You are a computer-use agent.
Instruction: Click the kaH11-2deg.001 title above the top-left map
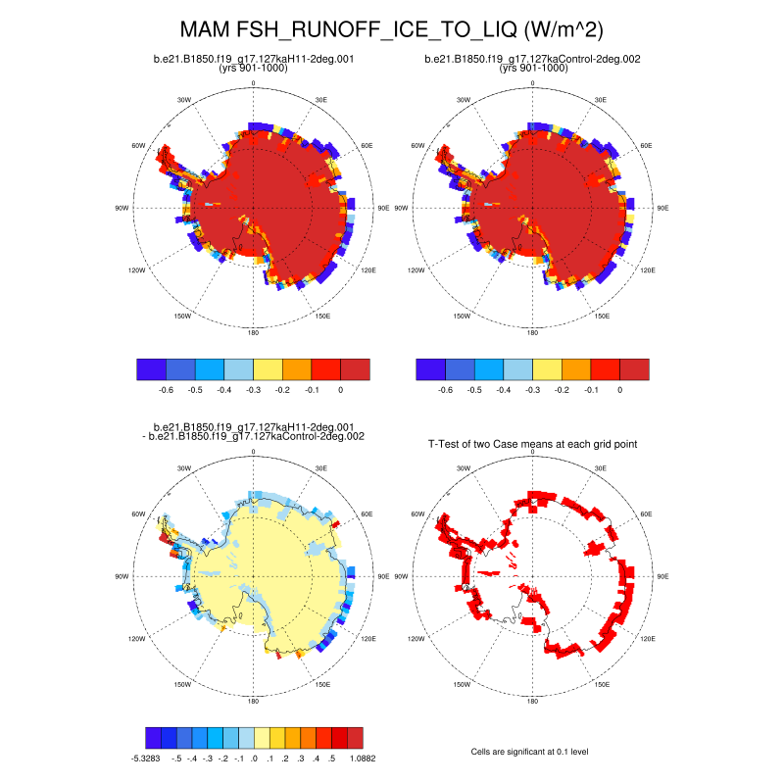click(254, 59)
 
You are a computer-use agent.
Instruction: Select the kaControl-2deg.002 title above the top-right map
click(532, 59)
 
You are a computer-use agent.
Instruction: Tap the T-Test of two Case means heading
click(532, 444)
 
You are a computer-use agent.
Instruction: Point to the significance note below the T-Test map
click(530, 751)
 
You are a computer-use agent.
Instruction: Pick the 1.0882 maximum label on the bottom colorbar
click(362, 758)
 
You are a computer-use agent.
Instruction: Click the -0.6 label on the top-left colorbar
click(166, 390)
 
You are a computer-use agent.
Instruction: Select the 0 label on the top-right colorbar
click(619, 390)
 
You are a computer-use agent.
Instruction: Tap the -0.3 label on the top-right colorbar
click(532, 390)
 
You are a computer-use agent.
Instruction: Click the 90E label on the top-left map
click(384, 208)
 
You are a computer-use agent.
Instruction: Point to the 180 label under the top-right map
click(532, 333)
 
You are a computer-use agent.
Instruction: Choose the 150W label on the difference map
click(181, 685)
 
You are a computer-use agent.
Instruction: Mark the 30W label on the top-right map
click(463, 100)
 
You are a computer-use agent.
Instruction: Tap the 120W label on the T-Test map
click(415, 638)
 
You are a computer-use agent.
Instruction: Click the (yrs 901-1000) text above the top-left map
click(254, 69)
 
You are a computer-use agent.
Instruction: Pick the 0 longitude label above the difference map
click(254, 452)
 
